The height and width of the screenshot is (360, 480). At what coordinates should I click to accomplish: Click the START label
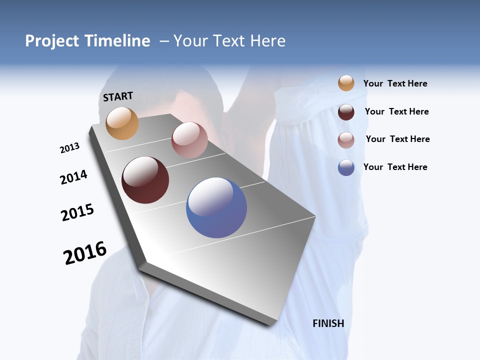point(118,96)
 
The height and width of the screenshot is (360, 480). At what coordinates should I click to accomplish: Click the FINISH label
point(328,323)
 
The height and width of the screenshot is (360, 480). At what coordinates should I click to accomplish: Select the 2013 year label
point(69,148)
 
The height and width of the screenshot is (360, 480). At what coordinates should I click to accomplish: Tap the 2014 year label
point(73,177)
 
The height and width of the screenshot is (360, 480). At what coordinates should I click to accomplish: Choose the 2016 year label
point(85,253)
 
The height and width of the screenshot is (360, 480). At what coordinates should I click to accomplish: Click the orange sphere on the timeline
point(122,123)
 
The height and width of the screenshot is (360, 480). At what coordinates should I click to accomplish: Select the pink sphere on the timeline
point(189,140)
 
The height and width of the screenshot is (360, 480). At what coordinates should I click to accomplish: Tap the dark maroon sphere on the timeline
point(145,180)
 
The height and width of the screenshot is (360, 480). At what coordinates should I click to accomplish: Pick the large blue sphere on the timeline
point(216,207)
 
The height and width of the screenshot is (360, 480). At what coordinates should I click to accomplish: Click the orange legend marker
point(346,83)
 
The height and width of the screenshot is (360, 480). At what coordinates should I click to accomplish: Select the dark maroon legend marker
point(346,112)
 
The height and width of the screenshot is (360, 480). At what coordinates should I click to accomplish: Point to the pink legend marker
point(346,140)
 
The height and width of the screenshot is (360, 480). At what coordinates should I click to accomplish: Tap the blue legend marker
point(346,167)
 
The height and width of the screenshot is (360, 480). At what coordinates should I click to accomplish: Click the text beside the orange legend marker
point(395,84)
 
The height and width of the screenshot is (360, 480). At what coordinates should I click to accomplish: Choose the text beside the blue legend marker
point(395,167)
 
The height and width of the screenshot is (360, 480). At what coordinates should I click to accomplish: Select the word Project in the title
point(52,41)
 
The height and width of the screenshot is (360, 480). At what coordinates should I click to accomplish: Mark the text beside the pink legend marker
point(398,139)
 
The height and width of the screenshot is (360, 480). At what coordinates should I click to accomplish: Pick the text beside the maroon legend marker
point(397,111)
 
